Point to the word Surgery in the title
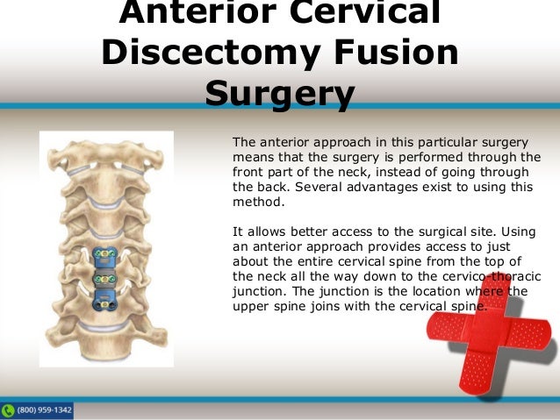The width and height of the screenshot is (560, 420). tap(279, 93)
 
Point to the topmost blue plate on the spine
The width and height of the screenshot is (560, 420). tap(105, 255)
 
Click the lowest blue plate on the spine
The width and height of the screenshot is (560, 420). tap(105, 301)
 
